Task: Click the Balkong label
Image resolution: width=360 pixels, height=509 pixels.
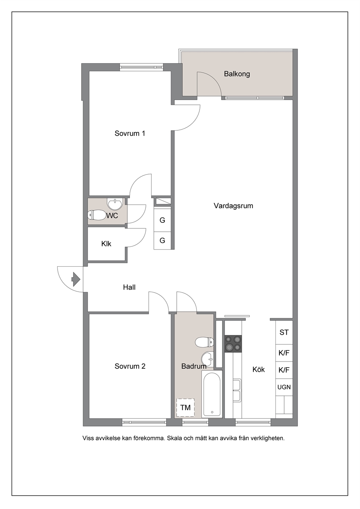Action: (x=237, y=74)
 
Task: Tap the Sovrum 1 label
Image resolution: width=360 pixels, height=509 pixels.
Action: (x=130, y=133)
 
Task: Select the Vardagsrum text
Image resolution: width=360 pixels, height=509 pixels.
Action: (x=233, y=206)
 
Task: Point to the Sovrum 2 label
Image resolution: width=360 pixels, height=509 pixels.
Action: (x=130, y=366)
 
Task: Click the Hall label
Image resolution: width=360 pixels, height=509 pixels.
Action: (x=129, y=287)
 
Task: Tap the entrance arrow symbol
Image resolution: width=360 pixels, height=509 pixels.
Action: (x=76, y=279)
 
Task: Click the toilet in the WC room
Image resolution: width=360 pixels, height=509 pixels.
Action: (x=96, y=215)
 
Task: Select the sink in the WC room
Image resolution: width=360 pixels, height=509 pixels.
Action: (x=115, y=204)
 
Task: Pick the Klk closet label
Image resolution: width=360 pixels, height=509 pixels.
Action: (x=106, y=244)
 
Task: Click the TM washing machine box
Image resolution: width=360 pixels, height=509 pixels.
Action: (x=185, y=408)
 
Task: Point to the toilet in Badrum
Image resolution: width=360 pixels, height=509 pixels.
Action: (x=204, y=342)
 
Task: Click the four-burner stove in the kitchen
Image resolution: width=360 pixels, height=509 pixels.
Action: (x=233, y=344)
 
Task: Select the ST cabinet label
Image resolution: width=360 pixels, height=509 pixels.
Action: (x=284, y=332)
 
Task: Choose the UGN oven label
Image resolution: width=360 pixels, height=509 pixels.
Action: (x=284, y=387)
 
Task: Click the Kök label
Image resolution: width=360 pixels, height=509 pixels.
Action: (x=259, y=370)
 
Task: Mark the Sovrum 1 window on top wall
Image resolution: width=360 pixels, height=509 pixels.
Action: (x=142, y=67)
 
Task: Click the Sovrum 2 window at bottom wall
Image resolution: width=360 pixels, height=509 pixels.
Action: (x=144, y=422)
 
